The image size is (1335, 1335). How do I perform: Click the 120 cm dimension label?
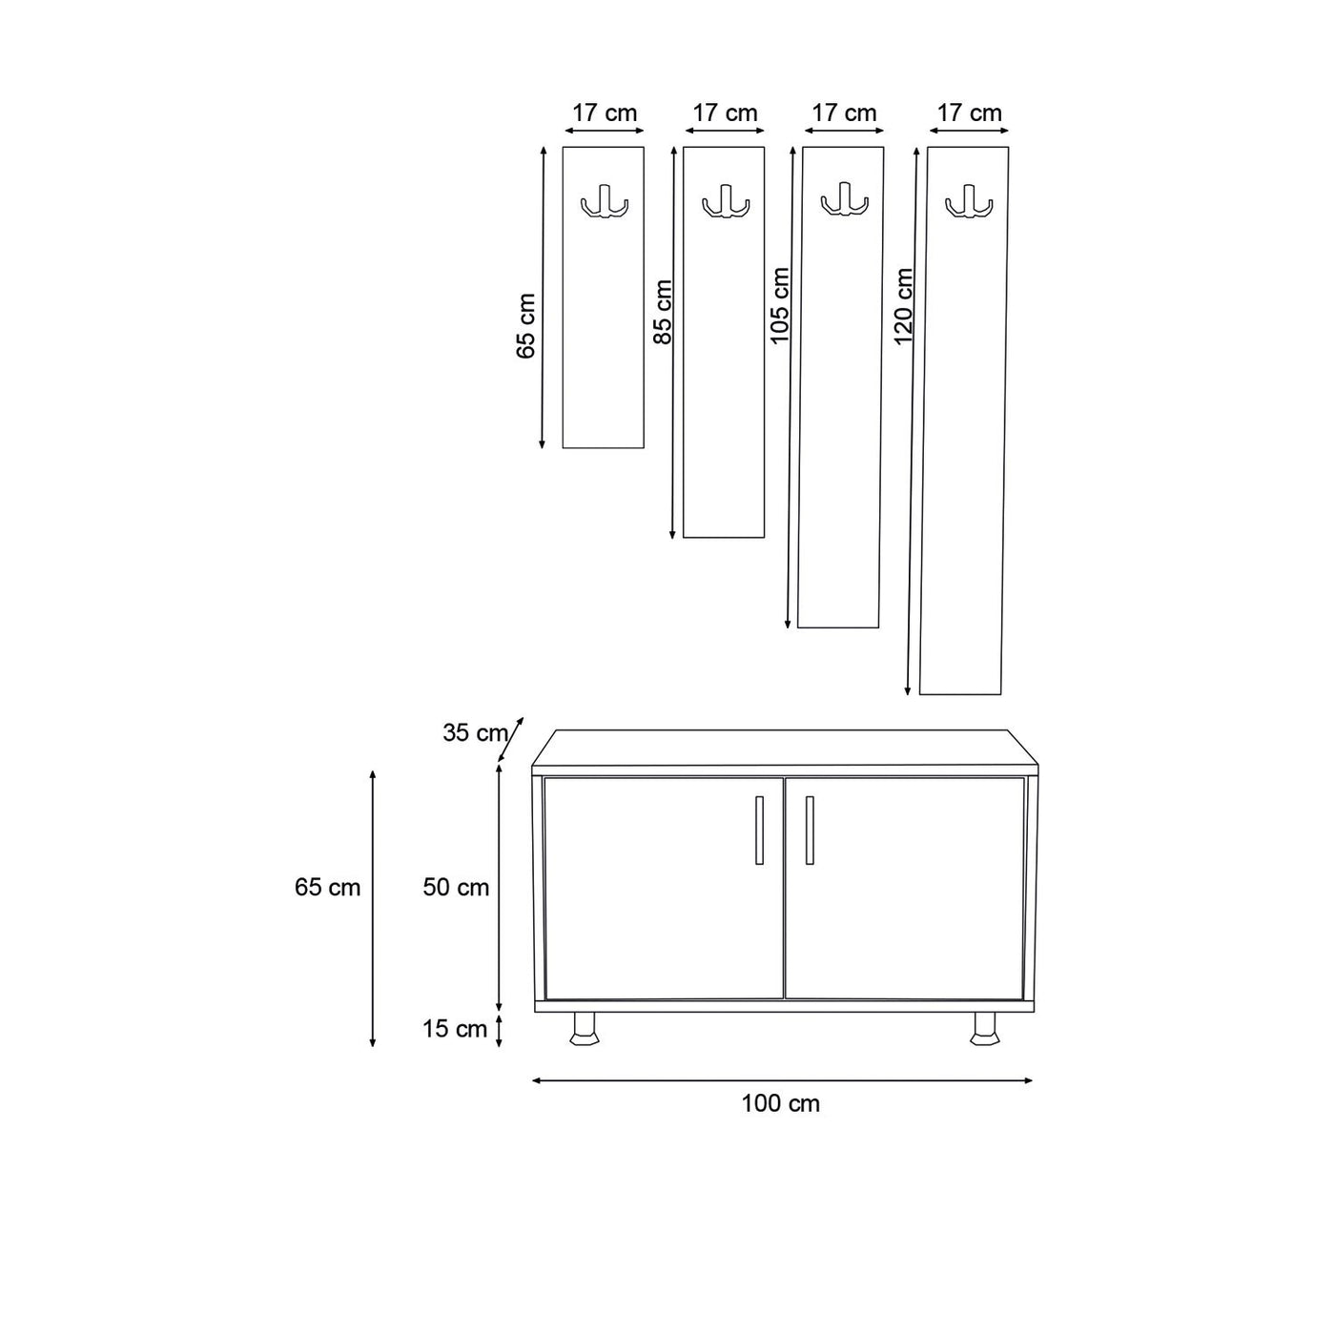(903, 306)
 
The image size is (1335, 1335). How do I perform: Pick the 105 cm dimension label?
(779, 305)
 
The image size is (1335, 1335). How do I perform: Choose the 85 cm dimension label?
(663, 312)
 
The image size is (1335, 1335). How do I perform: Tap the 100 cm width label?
(780, 1103)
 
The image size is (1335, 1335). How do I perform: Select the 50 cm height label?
(456, 887)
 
